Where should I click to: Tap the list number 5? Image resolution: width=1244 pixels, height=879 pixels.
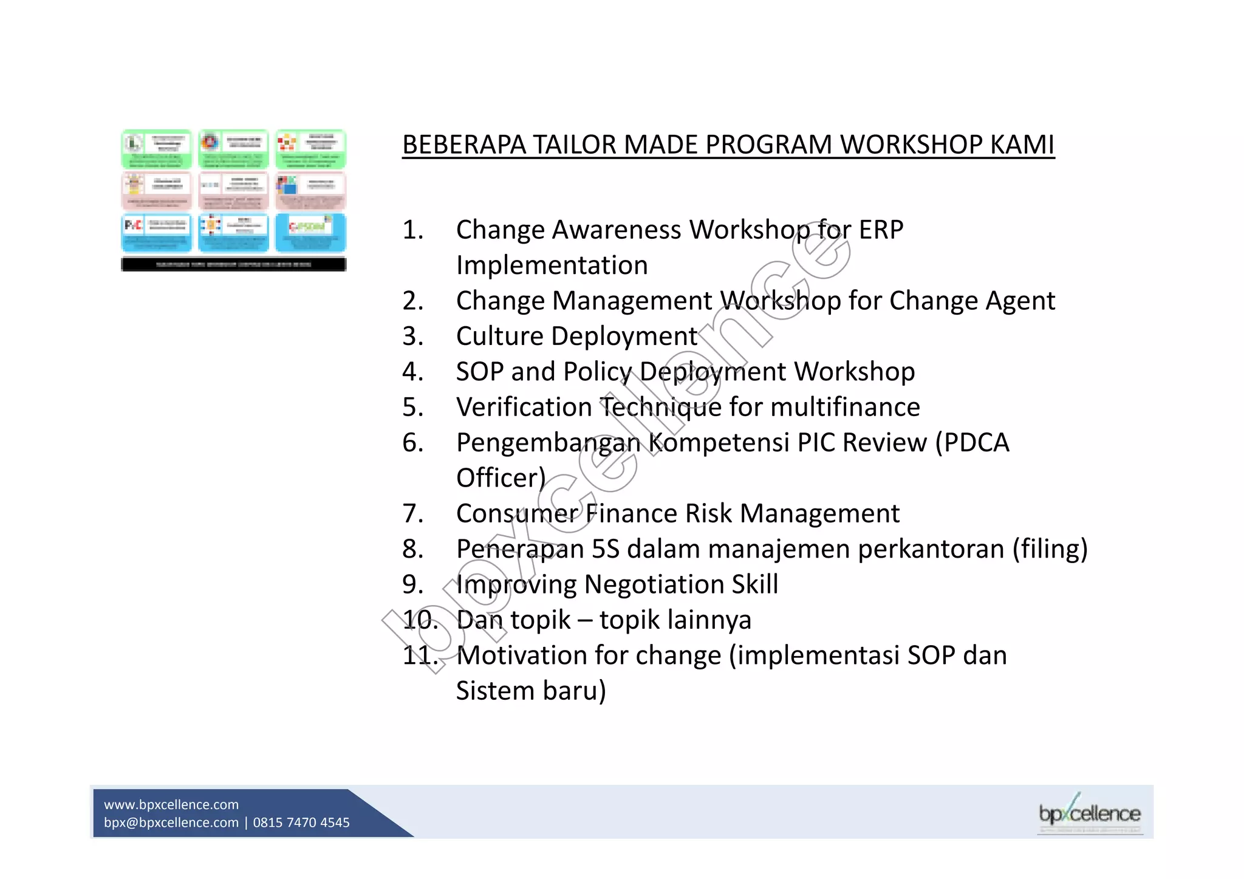click(412, 408)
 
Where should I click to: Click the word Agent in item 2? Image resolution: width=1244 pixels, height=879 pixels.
click(1020, 301)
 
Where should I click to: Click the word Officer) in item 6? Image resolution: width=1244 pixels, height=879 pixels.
click(501, 479)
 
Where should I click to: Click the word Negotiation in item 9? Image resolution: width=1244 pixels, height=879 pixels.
click(654, 585)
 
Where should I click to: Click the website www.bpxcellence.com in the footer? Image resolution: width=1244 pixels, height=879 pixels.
click(171, 804)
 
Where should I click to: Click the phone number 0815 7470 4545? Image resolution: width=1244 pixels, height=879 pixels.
click(301, 823)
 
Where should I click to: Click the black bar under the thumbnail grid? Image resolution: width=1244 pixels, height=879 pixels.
click(234, 264)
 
